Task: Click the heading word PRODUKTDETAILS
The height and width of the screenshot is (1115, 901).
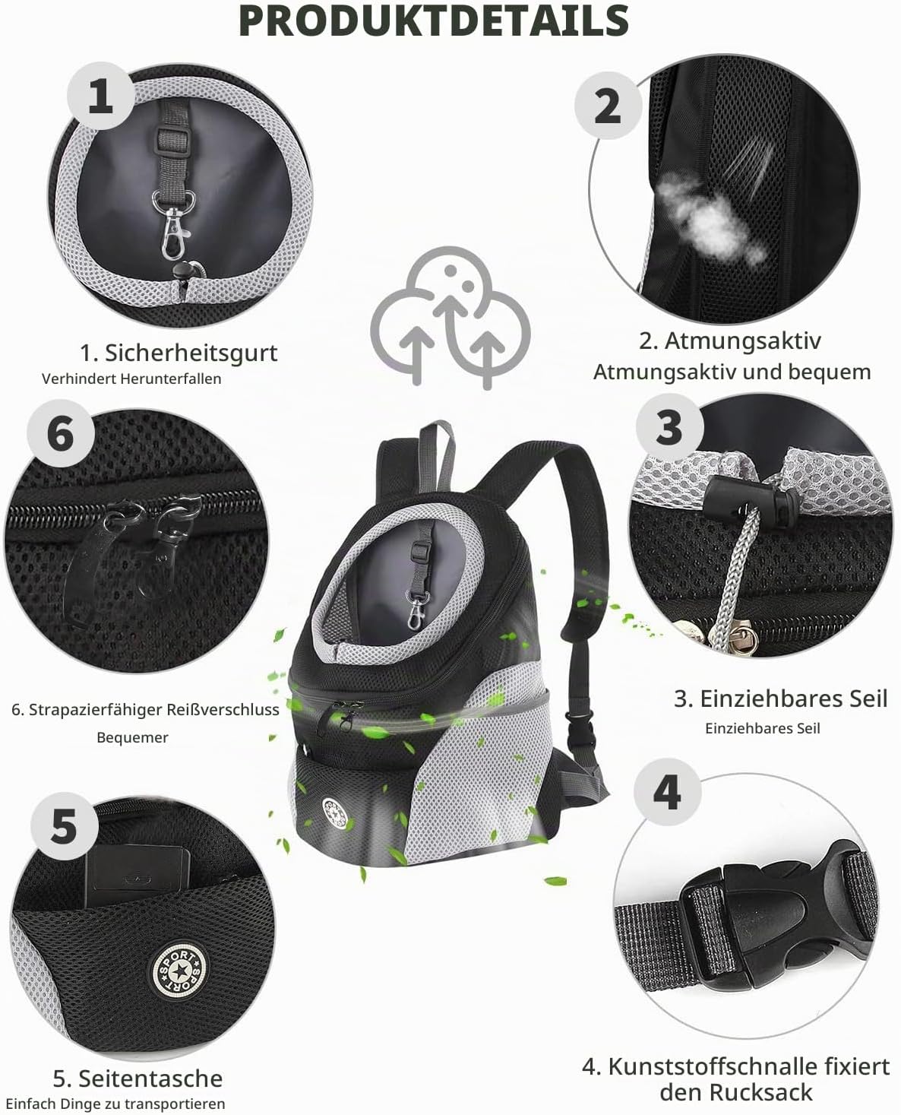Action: click(x=434, y=21)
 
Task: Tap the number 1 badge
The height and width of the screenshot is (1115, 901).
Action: click(x=100, y=97)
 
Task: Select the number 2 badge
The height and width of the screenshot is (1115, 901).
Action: click(x=608, y=106)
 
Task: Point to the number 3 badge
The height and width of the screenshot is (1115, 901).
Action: click(x=669, y=427)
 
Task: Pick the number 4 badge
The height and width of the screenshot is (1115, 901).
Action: click(x=667, y=792)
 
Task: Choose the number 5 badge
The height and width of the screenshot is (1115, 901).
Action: click(x=64, y=826)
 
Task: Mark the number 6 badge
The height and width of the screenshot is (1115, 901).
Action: click(x=61, y=433)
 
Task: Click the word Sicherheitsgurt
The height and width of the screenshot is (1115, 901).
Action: click(x=191, y=353)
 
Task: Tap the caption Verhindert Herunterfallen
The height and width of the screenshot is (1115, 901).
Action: click(x=131, y=379)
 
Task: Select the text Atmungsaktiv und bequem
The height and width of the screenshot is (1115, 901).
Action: click(x=732, y=372)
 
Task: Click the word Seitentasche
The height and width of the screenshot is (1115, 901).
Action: click(x=150, y=1079)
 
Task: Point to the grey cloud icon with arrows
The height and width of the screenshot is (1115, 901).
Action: click(x=450, y=317)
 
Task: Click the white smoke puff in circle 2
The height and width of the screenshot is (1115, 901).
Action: click(x=709, y=218)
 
